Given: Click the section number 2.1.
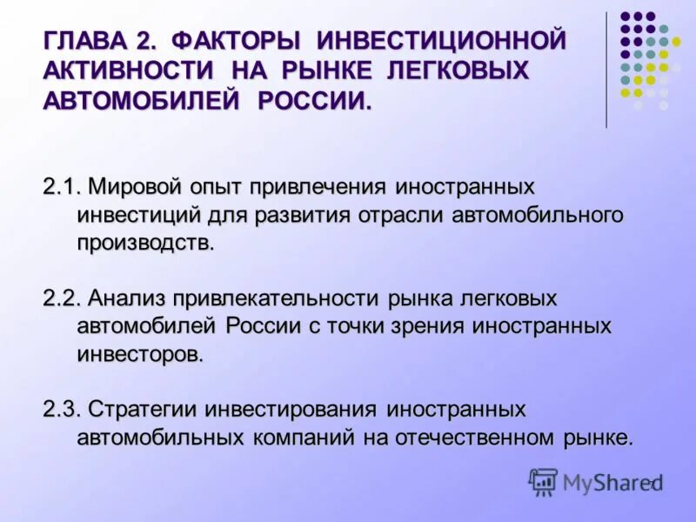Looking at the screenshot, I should pyautogui.click(x=62, y=187).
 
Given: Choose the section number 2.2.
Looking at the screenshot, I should pyautogui.click(x=62, y=298).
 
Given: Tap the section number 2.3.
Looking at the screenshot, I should pyautogui.click(x=62, y=409).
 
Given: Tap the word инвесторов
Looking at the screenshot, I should pyautogui.click(x=140, y=354).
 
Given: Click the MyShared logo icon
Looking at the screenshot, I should pyautogui.click(x=543, y=481).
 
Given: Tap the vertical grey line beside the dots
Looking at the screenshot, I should pyautogui.click(x=606, y=70).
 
